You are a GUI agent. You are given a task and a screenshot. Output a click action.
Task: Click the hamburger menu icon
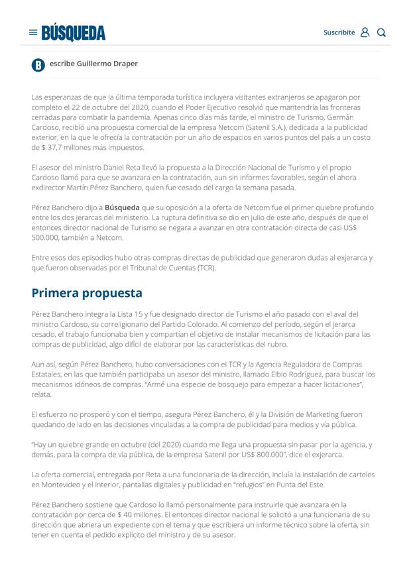click(33, 32)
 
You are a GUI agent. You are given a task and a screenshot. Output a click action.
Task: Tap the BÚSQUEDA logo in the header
click(74, 32)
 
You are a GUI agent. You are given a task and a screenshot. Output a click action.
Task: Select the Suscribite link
click(339, 32)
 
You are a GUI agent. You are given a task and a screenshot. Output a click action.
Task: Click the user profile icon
click(365, 32)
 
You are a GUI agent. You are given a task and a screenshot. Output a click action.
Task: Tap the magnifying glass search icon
click(381, 32)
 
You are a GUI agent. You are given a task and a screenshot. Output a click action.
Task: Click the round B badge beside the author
click(38, 65)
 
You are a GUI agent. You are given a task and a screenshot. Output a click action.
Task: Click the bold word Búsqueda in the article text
click(122, 207)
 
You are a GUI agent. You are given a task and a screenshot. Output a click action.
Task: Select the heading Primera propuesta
click(87, 293)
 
